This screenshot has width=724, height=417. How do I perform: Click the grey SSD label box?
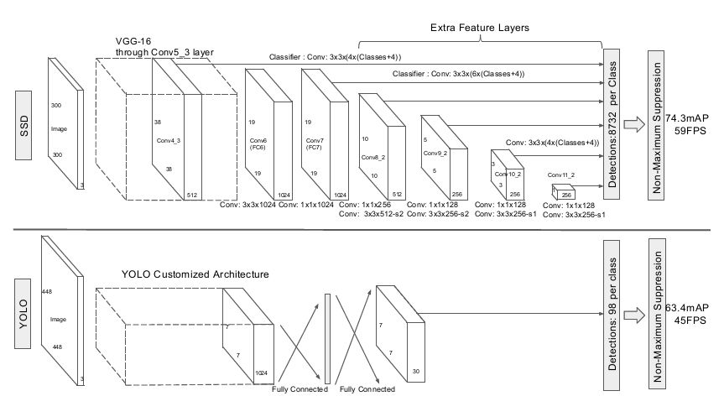pos(23,125)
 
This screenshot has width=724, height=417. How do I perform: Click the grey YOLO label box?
pos(23,314)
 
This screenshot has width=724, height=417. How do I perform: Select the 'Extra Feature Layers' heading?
pos(480,28)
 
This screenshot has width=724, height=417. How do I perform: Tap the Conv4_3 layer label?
pos(168,140)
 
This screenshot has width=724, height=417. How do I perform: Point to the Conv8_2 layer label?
pos(373,158)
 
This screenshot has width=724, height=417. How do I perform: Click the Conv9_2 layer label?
pos(435,153)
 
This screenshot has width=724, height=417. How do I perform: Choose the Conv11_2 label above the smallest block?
pos(561,175)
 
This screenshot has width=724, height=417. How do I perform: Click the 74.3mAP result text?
pos(686,118)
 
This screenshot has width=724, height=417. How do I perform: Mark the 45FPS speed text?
pos(690,320)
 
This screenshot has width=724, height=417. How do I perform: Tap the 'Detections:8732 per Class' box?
pos(612,124)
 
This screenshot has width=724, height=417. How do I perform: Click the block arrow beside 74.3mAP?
pos(634,125)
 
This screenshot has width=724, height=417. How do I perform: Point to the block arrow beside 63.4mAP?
pos(634,315)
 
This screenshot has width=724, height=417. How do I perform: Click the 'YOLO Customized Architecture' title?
pos(195,274)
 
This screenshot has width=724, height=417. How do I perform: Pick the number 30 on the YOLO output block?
pos(416,372)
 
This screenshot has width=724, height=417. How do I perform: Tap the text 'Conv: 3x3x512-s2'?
pos(372,214)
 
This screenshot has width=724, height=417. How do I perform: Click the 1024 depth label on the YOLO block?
pos(262,373)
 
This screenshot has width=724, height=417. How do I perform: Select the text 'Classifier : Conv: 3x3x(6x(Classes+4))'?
pos(459,74)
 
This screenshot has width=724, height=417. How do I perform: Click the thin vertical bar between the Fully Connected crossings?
pos(327,339)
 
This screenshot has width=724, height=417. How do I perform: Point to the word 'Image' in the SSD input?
pos(59,129)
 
